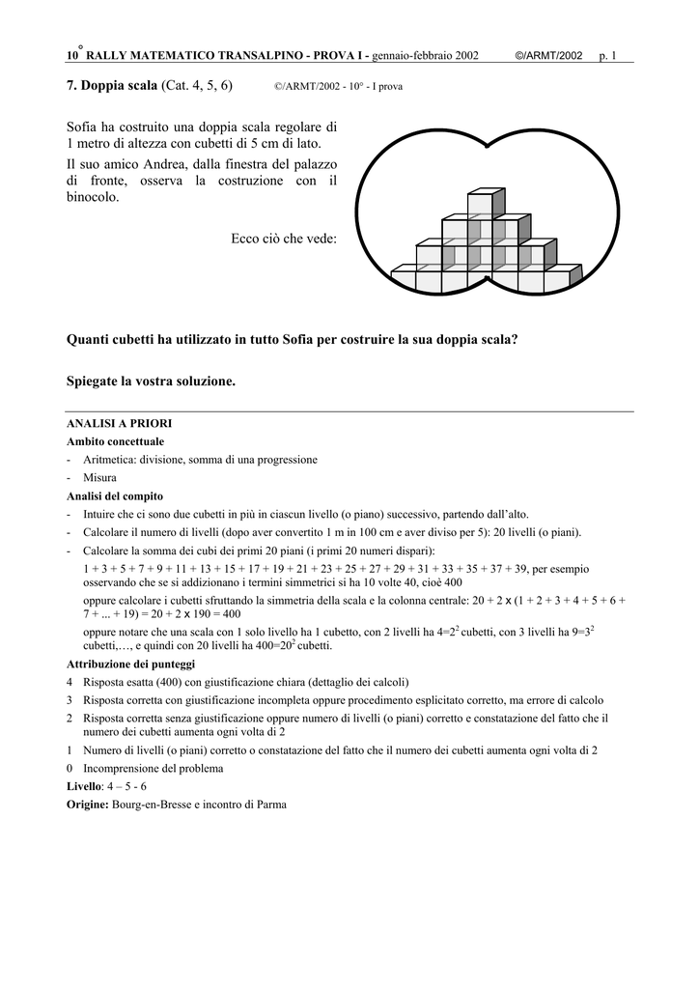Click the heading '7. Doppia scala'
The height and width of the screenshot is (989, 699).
pyautogui.click(x=111, y=86)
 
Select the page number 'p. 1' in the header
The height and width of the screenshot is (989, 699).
pyautogui.click(x=607, y=56)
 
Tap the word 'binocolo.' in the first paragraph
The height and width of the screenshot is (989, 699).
pyautogui.click(x=94, y=197)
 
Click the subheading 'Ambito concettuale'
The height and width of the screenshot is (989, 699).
pyautogui.click(x=115, y=441)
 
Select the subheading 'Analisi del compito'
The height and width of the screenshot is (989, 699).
pyautogui.click(x=114, y=495)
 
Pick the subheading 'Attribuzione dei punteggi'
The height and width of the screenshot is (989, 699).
pyautogui.click(x=130, y=664)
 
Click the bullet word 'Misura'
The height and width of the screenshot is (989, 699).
pyautogui.click(x=100, y=477)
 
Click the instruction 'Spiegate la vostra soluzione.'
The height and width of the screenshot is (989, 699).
pyautogui.click(x=151, y=381)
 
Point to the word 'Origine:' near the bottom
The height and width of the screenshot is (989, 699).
pyautogui.click(x=88, y=805)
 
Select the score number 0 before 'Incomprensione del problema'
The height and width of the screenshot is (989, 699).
pyautogui.click(x=70, y=769)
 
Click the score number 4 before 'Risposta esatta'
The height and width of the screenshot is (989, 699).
pyautogui.click(x=70, y=682)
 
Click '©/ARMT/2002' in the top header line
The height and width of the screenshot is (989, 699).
pyautogui.click(x=549, y=56)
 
